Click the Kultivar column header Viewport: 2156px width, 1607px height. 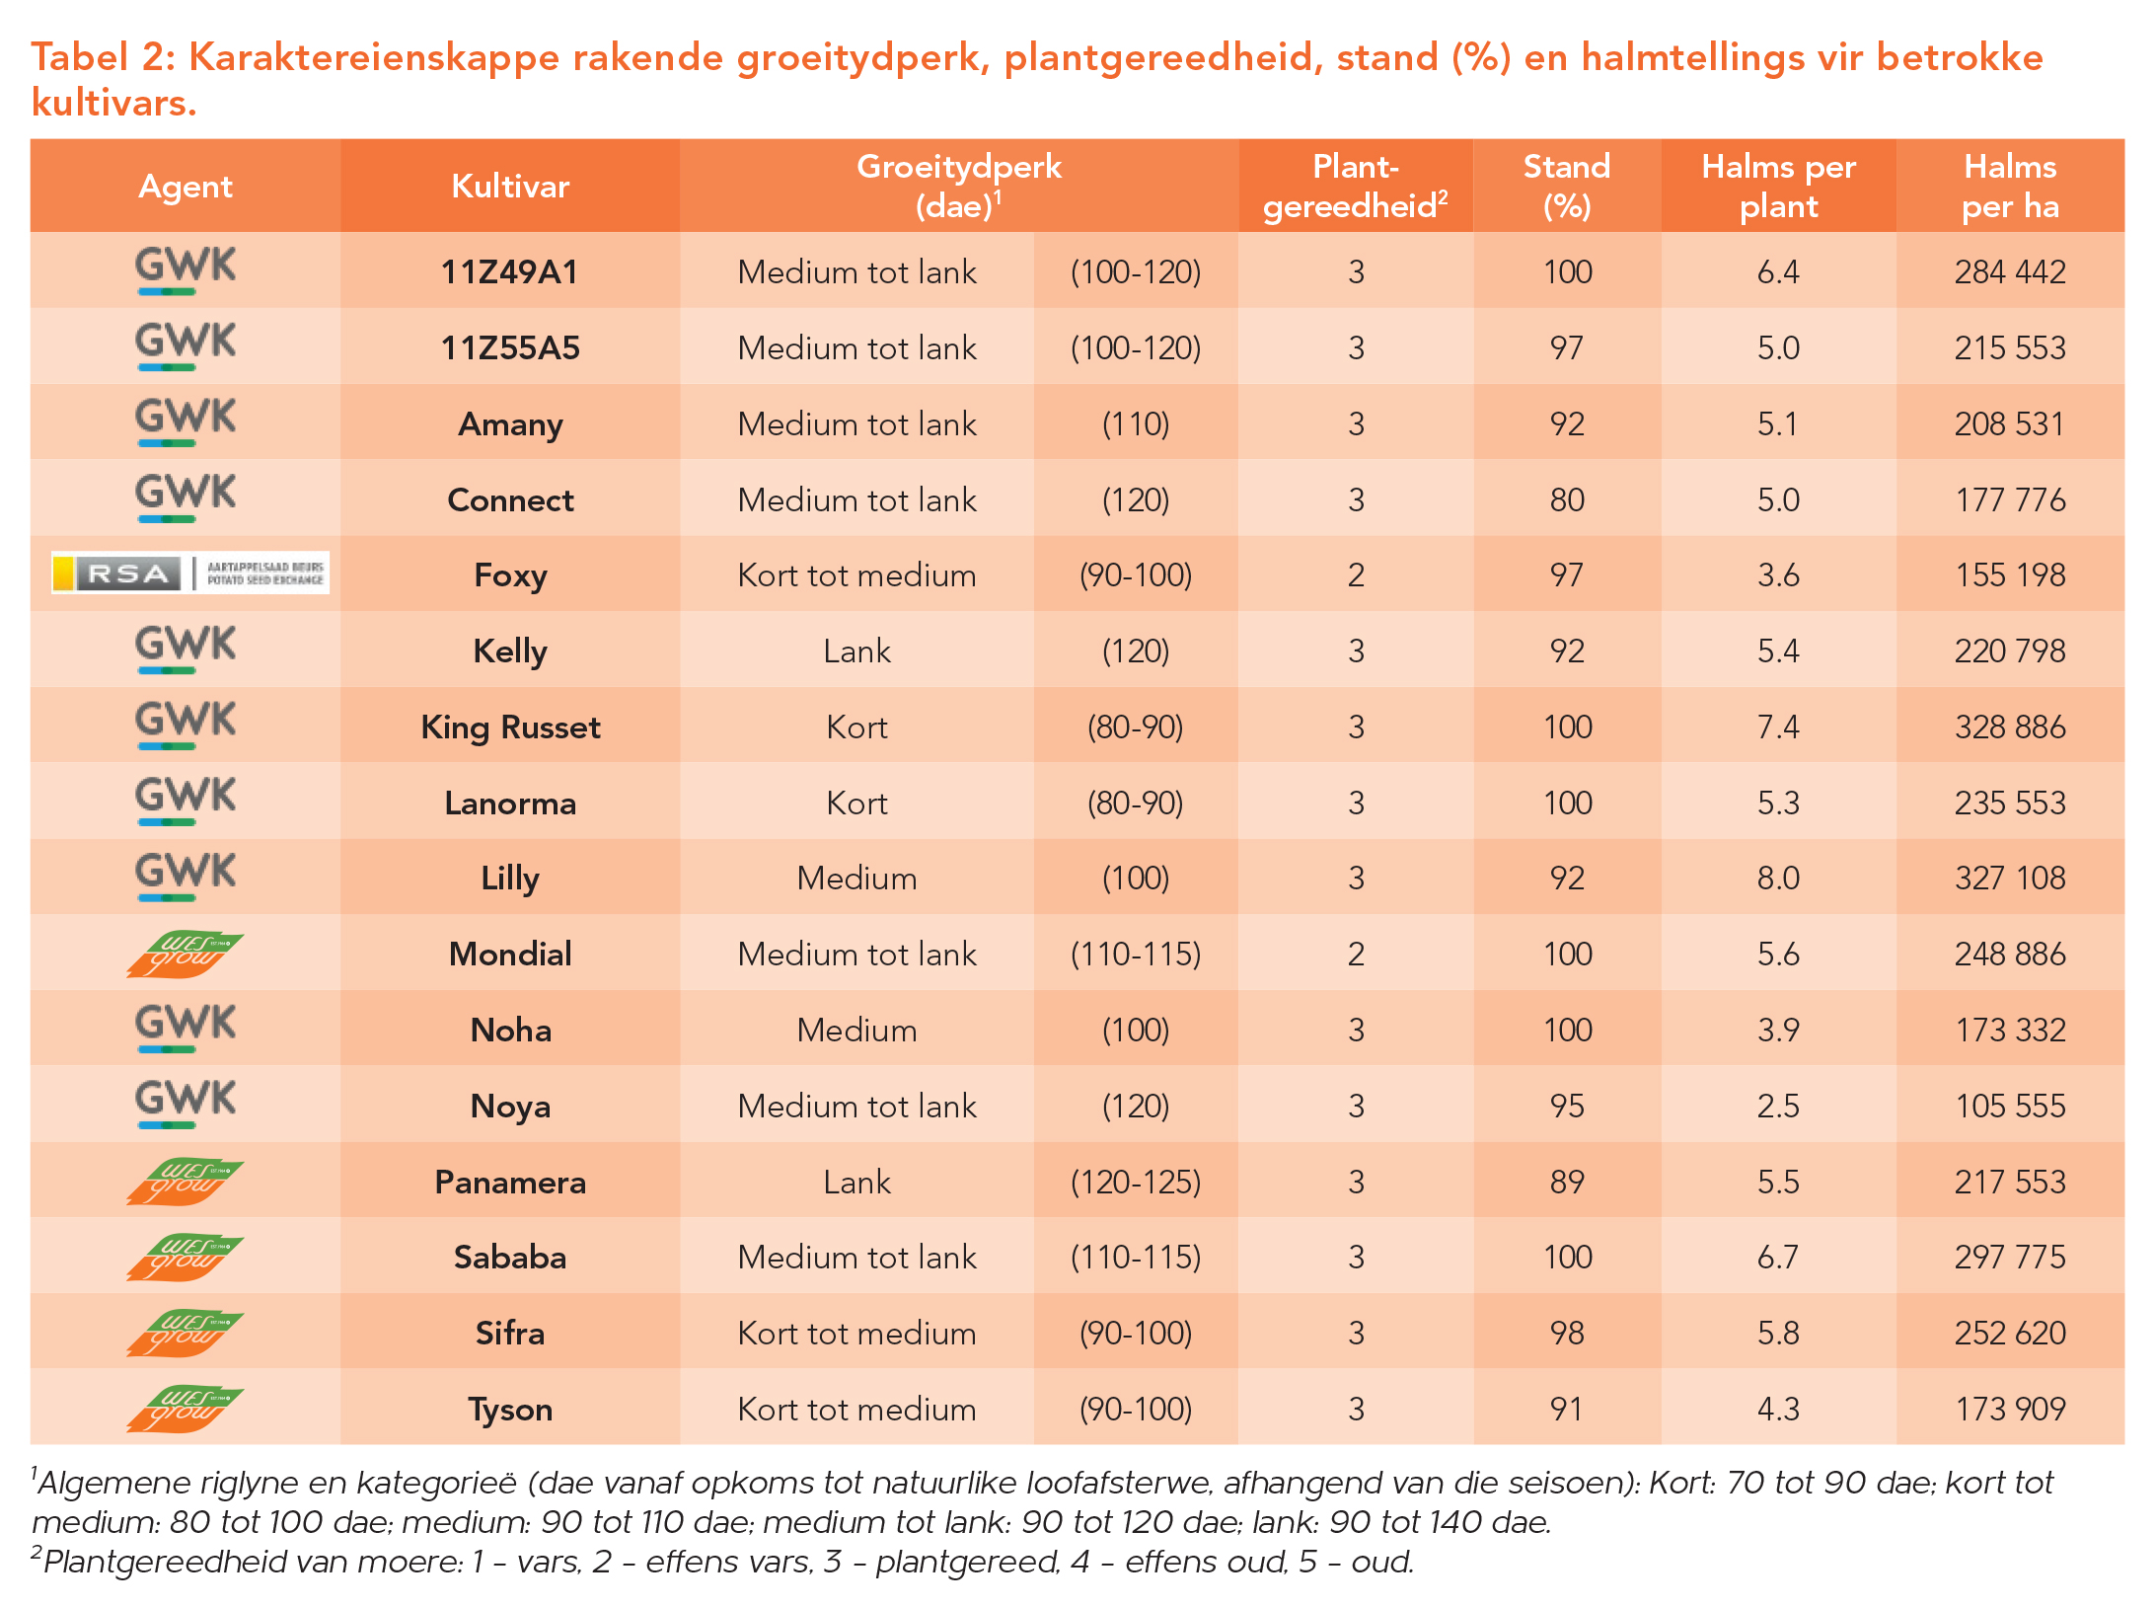tap(510, 187)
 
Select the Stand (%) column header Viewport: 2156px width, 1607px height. tap(1567, 186)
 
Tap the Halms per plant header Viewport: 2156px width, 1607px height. tap(1778, 186)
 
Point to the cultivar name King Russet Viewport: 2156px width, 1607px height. tap(510, 727)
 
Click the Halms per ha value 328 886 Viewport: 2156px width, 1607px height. tap(2010, 727)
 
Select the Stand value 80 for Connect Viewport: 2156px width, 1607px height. tap(1567, 500)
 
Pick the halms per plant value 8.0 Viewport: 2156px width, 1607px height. tap(1778, 879)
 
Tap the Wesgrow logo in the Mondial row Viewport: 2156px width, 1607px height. tap(185, 955)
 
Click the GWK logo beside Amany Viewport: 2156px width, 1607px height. tap(186, 421)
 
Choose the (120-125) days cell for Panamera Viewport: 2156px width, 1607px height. tap(1136, 1183)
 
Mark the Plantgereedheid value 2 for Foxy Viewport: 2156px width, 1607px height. tap(1356, 575)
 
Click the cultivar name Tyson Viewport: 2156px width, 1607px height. tap(510, 1410)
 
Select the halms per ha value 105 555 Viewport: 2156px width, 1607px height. tap(2010, 1107)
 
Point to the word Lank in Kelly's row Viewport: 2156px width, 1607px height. tap(856, 651)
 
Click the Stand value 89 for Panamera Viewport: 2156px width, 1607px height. tap(1567, 1183)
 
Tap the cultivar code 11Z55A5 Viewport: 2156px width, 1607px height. tap(510, 348)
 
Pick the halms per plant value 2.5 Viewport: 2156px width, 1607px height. tap(1778, 1107)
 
